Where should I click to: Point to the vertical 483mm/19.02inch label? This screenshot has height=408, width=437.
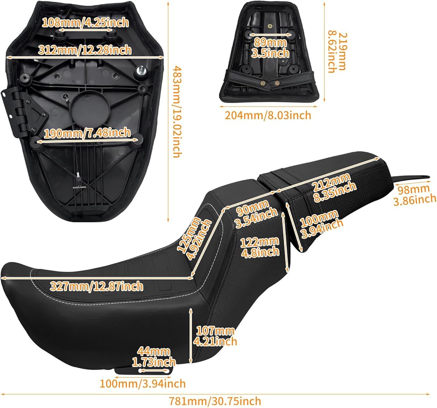click(x=177, y=112)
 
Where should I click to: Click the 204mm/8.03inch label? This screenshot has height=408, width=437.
click(x=268, y=115)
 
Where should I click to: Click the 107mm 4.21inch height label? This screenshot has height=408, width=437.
click(x=215, y=336)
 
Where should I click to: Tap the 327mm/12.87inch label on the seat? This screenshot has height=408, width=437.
click(x=96, y=286)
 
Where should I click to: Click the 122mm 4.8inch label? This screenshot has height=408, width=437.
click(x=260, y=246)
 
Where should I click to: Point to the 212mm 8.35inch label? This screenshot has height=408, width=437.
click(x=334, y=183)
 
